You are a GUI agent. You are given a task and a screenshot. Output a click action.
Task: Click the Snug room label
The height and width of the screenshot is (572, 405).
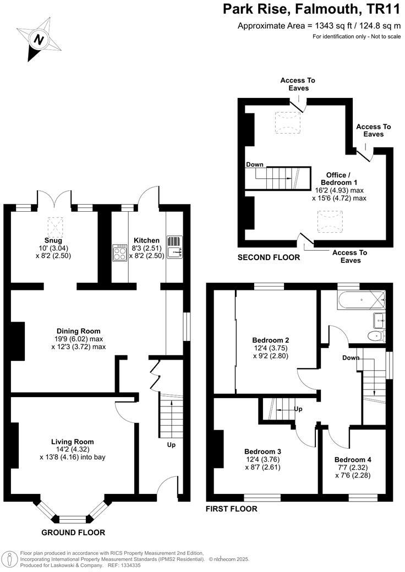pyautogui.click(x=53, y=240)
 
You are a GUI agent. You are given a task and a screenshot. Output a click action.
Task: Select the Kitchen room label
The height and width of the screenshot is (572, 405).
pyautogui.click(x=146, y=240)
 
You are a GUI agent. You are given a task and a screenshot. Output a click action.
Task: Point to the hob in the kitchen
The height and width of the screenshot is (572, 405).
pyautogui.click(x=119, y=252)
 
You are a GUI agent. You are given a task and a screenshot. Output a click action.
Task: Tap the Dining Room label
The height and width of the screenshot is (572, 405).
pyautogui.click(x=78, y=331)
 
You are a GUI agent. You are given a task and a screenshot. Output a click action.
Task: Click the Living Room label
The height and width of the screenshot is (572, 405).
pyautogui.click(x=72, y=442)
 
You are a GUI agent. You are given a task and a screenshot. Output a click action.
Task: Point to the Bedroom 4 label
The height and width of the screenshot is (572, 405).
pyautogui.click(x=353, y=460)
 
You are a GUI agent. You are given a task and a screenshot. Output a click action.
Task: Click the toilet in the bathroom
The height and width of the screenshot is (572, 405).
pyautogui.click(x=377, y=335)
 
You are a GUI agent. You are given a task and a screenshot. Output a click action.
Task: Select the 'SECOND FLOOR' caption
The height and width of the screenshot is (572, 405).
pyautogui.click(x=269, y=257)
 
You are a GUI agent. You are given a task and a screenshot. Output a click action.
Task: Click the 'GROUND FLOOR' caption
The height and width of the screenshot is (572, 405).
pyautogui.click(x=73, y=532)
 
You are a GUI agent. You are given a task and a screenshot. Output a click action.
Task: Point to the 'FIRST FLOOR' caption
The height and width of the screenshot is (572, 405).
pyautogui.click(x=231, y=509)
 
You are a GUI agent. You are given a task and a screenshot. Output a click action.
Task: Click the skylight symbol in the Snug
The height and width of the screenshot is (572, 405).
pyautogui.click(x=55, y=226)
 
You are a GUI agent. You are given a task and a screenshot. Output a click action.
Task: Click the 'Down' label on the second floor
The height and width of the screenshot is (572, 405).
pyautogui.click(x=254, y=164)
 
